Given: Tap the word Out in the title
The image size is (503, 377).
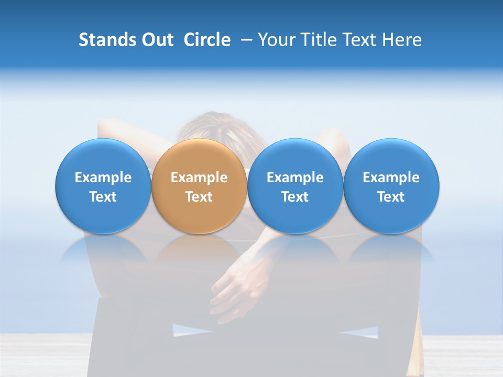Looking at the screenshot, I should [158, 40].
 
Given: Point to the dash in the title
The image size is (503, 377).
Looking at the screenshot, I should [245, 40].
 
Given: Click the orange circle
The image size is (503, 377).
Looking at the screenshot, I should [199, 157].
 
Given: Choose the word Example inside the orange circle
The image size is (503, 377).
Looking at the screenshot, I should [199, 178].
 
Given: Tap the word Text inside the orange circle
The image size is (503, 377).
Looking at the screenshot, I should [199, 197].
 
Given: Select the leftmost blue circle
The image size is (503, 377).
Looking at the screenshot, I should [103, 157].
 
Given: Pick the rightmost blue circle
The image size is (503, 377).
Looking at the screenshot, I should [391, 157].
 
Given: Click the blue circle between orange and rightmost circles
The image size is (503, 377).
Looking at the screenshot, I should [295, 157].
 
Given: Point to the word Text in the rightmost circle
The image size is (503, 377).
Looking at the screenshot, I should [391, 197].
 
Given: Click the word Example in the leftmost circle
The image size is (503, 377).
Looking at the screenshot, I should [103, 178].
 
